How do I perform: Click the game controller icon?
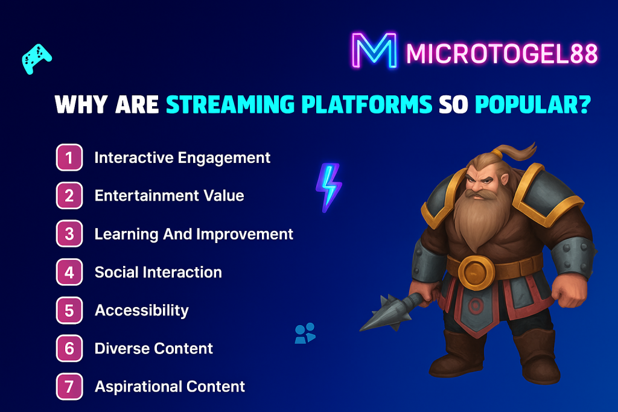(x=36, y=59)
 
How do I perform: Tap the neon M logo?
(x=374, y=51)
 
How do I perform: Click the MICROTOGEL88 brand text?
(x=502, y=54)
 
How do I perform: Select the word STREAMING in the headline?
(x=230, y=104)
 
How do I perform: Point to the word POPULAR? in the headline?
(x=533, y=104)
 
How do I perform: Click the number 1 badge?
(x=69, y=157)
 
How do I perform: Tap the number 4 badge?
(x=69, y=272)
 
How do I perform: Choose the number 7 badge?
(x=69, y=387)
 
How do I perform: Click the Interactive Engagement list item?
(x=182, y=158)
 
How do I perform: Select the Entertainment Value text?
(x=170, y=196)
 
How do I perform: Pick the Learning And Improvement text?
(x=194, y=234)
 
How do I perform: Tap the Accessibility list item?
(x=142, y=311)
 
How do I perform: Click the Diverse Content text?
(x=154, y=348)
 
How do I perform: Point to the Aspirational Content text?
(x=170, y=387)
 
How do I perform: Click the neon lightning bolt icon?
(x=329, y=188)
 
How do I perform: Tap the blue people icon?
(x=305, y=333)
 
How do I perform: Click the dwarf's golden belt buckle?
(x=476, y=272)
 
